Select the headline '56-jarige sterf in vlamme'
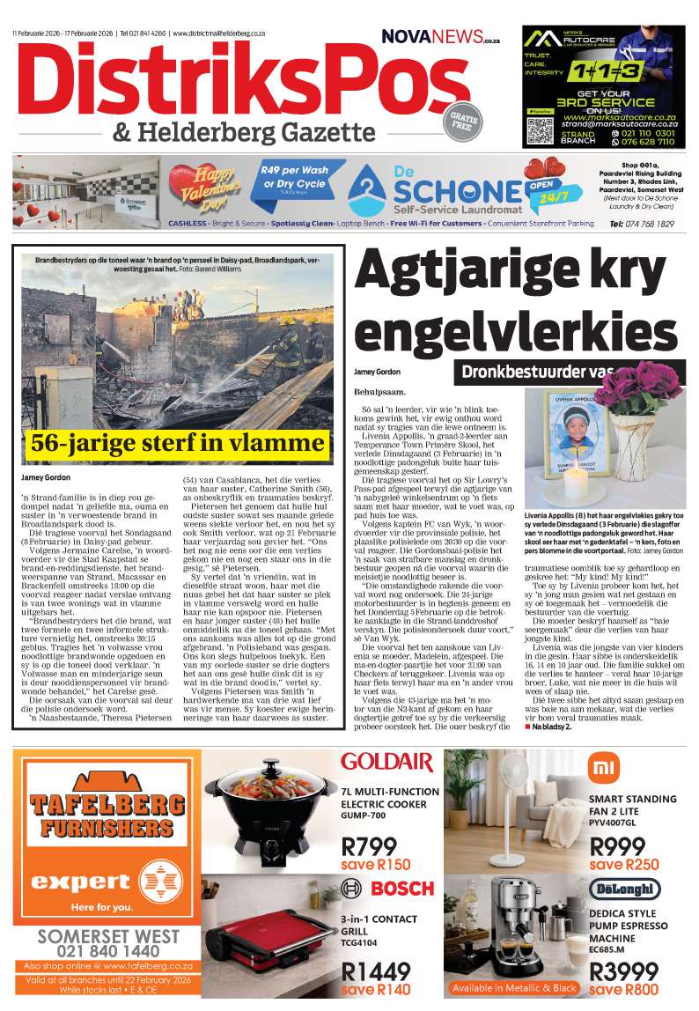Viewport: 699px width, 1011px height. [x=178, y=442]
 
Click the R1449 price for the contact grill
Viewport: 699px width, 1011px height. [x=376, y=972]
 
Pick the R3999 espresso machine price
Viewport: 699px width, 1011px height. [x=624, y=972]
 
